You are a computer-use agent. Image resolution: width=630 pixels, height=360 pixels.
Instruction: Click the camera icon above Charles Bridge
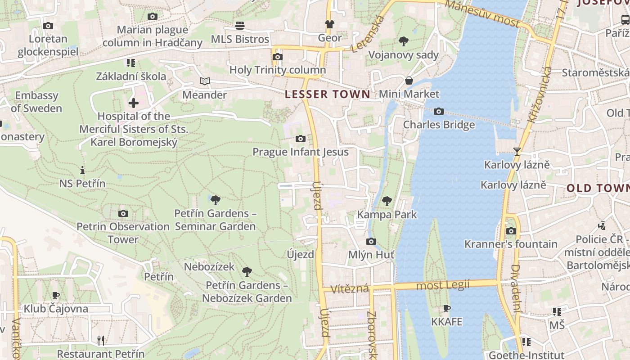439,111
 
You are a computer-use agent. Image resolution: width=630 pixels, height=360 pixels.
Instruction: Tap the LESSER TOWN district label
328,94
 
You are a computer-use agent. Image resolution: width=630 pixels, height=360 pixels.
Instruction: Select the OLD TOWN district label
598,188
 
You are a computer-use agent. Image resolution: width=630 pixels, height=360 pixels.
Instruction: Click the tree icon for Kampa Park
387,201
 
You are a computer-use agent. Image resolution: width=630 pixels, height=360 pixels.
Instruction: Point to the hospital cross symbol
134,103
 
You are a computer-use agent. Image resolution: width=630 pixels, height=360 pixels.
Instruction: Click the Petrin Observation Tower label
123,233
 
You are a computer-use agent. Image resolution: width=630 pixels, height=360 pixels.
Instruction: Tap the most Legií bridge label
443,285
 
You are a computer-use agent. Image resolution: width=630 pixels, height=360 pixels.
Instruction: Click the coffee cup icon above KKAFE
447,308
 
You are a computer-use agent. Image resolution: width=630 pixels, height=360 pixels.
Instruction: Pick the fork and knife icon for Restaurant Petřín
101,340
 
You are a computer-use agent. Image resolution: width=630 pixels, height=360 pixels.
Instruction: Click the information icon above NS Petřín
82,170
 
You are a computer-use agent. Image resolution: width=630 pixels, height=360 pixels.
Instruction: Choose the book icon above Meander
205,81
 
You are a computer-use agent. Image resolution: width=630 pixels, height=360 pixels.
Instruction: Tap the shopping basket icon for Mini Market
409,81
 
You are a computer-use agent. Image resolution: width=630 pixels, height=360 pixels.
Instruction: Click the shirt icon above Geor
330,24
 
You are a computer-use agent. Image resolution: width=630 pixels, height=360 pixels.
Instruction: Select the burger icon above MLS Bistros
240,26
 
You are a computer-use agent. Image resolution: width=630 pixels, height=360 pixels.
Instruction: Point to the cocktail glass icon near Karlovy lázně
517,152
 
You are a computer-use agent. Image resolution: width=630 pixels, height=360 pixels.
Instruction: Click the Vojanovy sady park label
403,55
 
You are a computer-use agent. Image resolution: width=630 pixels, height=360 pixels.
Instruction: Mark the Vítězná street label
350,288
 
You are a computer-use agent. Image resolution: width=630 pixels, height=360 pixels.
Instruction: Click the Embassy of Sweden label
36,102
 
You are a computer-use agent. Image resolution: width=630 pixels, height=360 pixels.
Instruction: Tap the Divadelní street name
516,288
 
